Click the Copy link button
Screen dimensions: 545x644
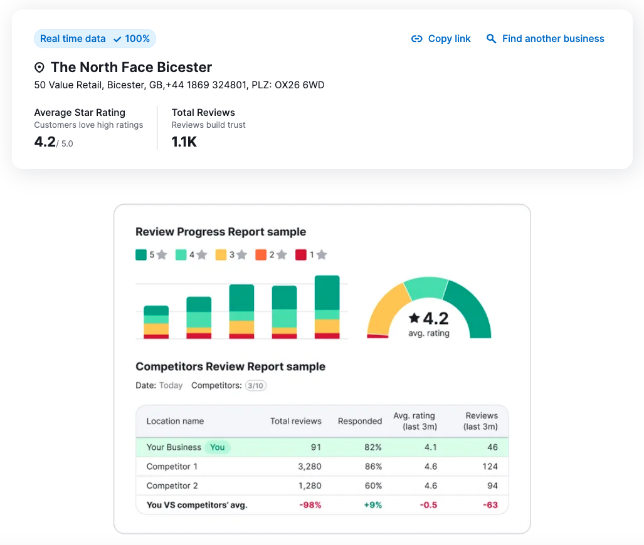coord(441,39)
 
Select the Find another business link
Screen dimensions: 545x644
coord(546,39)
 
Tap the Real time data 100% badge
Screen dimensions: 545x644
coord(95,39)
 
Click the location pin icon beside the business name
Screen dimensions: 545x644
coord(40,68)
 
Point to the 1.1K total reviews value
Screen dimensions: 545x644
coord(184,142)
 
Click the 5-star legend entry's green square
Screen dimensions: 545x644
coord(141,255)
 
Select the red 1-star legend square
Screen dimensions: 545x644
coord(301,255)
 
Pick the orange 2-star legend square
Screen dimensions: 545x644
coord(261,255)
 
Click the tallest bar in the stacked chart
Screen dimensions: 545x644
coord(327,307)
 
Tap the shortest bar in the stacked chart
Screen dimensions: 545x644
coord(156,322)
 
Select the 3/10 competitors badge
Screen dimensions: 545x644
coord(255,386)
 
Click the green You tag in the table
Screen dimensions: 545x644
coord(217,447)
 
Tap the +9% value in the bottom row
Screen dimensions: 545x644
coord(372,505)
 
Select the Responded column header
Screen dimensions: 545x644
coord(359,422)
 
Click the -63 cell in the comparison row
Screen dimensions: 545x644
coord(490,505)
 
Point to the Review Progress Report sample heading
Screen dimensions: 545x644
coord(221,232)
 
